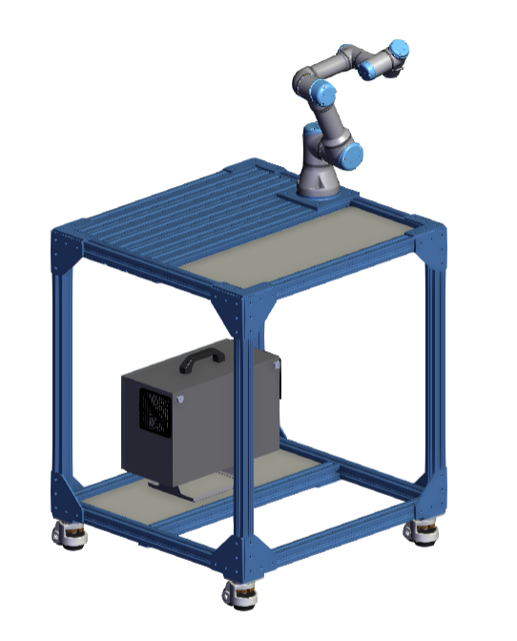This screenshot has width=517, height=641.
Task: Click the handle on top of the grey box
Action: [x=202, y=360]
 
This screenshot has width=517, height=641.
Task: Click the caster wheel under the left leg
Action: [x=69, y=538]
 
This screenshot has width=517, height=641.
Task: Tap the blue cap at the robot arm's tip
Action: [x=400, y=49]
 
